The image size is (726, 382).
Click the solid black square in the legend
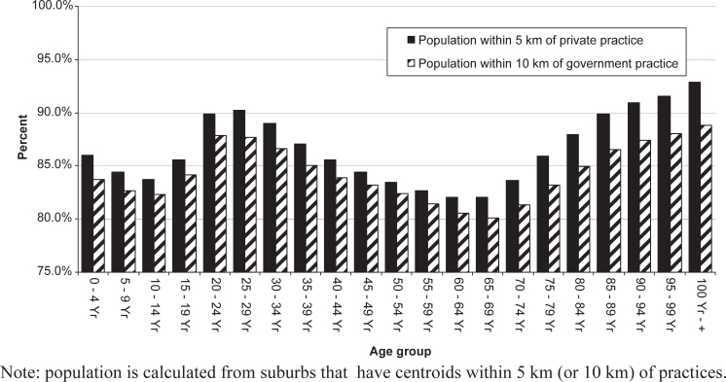pyautogui.click(x=411, y=40)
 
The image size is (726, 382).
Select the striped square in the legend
pyautogui.click(x=411, y=64)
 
